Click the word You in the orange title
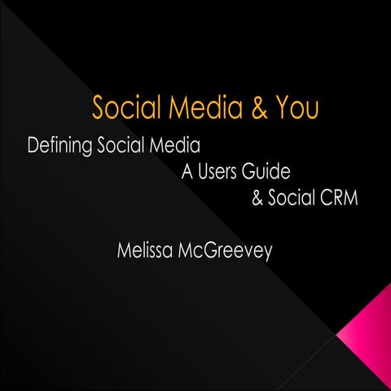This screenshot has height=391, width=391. click(295, 108)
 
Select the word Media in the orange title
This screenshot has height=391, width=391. click(205, 108)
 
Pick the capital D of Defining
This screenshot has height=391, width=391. click(33, 147)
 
